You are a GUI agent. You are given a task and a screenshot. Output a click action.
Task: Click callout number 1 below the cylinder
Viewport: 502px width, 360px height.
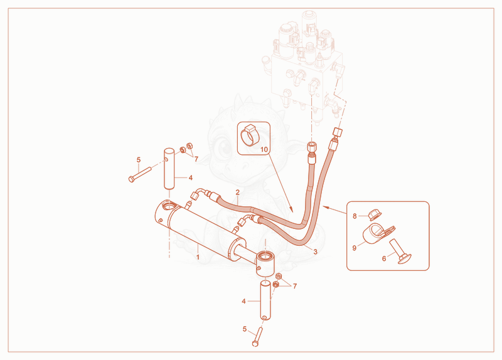pyautogui.click(x=198, y=257)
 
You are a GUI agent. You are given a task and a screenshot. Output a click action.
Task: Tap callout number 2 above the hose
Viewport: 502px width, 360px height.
pyautogui.click(x=238, y=193)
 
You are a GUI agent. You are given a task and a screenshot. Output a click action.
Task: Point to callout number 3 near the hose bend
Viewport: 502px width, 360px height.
pyautogui.click(x=316, y=252)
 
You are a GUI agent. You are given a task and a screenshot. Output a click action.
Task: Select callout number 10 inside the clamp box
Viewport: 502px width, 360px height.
pyautogui.click(x=264, y=149)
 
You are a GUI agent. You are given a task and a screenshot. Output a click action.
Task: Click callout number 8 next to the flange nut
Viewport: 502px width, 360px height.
pyautogui.click(x=355, y=216)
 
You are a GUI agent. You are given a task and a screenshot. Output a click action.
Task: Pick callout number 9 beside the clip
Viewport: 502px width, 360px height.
pyautogui.click(x=355, y=248)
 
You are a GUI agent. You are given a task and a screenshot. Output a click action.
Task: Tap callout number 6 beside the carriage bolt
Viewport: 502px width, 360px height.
pyautogui.click(x=384, y=258)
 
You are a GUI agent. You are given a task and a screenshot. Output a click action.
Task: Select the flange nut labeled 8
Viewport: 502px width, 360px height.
pyautogui.click(x=373, y=214)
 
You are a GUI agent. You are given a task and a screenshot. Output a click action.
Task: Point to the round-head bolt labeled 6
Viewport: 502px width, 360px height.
pyautogui.click(x=400, y=252)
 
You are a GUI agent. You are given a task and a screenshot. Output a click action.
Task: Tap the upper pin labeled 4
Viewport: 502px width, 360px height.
pyautogui.click(x=169, y=168)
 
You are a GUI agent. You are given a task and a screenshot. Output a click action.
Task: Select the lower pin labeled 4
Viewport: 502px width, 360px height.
pyautogui.click(x=265, y=300)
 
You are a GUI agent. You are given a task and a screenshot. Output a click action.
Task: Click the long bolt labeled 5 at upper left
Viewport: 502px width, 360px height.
pyautogui.click(x=140, y=174)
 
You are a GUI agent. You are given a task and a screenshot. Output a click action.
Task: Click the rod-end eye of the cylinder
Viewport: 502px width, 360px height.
pyautogui.click(x=265, y=263)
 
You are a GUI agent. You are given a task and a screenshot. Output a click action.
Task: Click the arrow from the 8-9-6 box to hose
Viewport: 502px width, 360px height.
pyautogui.click(x=334, y=209)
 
